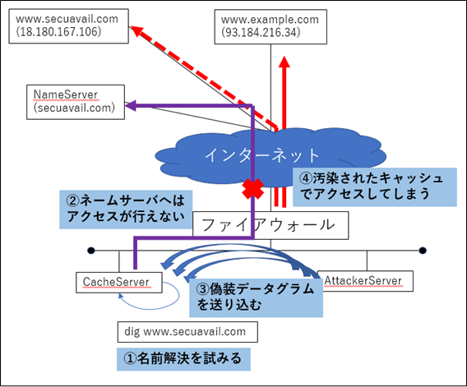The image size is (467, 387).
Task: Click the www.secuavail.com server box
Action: click(69, 26)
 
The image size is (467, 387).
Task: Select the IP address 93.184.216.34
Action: click(261, 32)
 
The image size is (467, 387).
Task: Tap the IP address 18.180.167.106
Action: click(58, 31)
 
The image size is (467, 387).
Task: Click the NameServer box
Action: click(76, 102)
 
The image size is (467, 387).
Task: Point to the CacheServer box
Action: click(119, 283)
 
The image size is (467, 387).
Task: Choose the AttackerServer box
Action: click(365, 281)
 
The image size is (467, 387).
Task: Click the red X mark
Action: click(253, 189)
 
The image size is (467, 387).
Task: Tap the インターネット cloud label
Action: click(262, 155)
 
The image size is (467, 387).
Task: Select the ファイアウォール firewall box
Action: click(270, 225)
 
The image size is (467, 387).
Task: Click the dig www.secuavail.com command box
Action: click(187, 332)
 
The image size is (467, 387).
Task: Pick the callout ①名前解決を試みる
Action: click(183, 359)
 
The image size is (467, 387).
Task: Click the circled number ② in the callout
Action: click(72, 200)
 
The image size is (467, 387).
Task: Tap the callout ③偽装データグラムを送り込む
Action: click(257, 297)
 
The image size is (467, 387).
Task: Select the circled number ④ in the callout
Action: click(306, 178)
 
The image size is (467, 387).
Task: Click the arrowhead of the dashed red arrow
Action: click(136, 30)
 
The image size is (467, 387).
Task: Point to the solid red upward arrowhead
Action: click(284, 62)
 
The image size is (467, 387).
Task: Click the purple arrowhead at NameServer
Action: click(130, 105)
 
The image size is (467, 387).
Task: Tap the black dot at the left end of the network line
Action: click(91, 251)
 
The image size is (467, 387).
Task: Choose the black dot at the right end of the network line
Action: click(423, 251)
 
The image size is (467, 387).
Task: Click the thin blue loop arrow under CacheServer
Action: click(178, 295)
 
